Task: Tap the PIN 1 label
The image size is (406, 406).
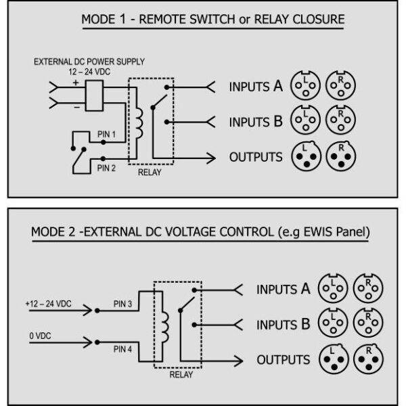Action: [x=106, y=135]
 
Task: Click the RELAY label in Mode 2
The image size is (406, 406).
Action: [x=180, y=374]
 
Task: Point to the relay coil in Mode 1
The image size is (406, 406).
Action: [x=140, y=122]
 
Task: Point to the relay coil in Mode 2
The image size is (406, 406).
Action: [x=164, y=325]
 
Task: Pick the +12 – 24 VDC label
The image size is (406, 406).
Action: [x=49, y=304]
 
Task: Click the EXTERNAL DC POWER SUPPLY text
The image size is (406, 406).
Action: [x=89, y=62]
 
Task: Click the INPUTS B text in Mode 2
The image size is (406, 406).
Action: [x=283, y=324]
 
